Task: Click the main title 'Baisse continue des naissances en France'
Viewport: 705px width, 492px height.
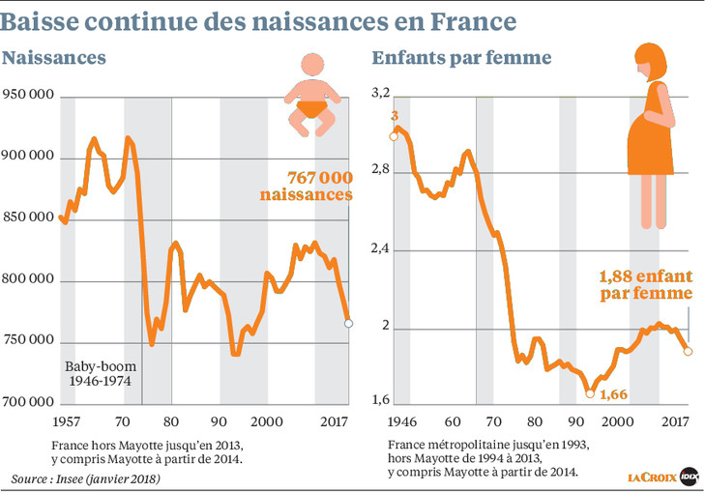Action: coord(259,19)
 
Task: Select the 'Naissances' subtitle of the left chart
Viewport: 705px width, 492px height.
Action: coord(54,59)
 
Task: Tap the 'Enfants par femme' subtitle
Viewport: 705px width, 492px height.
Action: coord(461,59)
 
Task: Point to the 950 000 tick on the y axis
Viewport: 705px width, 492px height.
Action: coord(29,96)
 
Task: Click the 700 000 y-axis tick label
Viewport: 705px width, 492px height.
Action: coord(29,402)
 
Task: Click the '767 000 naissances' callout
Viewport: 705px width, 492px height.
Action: coord(306,186)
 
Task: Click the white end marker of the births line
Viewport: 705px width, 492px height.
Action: coord(348,324)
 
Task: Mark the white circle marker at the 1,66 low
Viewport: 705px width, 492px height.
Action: coord(590,392)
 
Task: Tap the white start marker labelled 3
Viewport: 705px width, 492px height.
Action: coord(394,136)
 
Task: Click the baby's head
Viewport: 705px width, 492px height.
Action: coord(310,67)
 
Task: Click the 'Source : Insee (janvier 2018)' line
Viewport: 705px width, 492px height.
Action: coord(86,478)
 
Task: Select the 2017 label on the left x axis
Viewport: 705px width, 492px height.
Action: coord(335,421)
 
